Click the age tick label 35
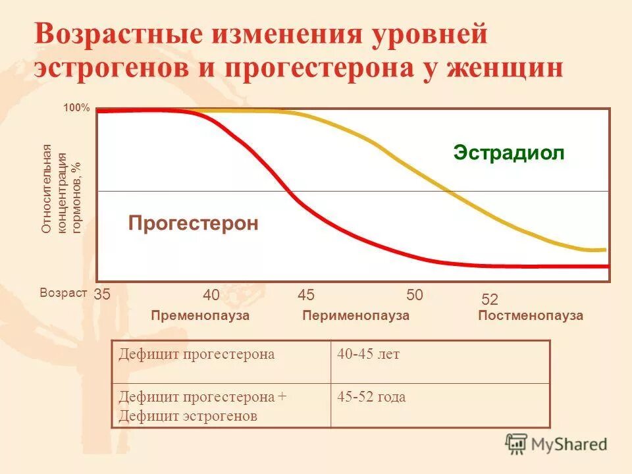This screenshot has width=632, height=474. click(x=102, y=294)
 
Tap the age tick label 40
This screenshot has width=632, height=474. click(x=211, y=294)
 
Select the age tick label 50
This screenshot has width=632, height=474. click(x=415, y=294)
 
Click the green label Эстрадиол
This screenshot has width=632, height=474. click(x=509, y=153)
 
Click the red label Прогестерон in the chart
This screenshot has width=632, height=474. click(x=193, y=223)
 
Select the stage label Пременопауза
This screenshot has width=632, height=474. click(x=200, y=316)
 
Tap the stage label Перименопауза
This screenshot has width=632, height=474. click(x=355, y=316)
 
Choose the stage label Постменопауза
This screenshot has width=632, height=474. click(x=531, y=316)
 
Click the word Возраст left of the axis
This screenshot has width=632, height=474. click(x=63, y=294)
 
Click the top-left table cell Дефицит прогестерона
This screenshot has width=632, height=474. click(x=196, y=355)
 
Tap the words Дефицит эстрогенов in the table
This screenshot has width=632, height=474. click(x=188, y=416)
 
